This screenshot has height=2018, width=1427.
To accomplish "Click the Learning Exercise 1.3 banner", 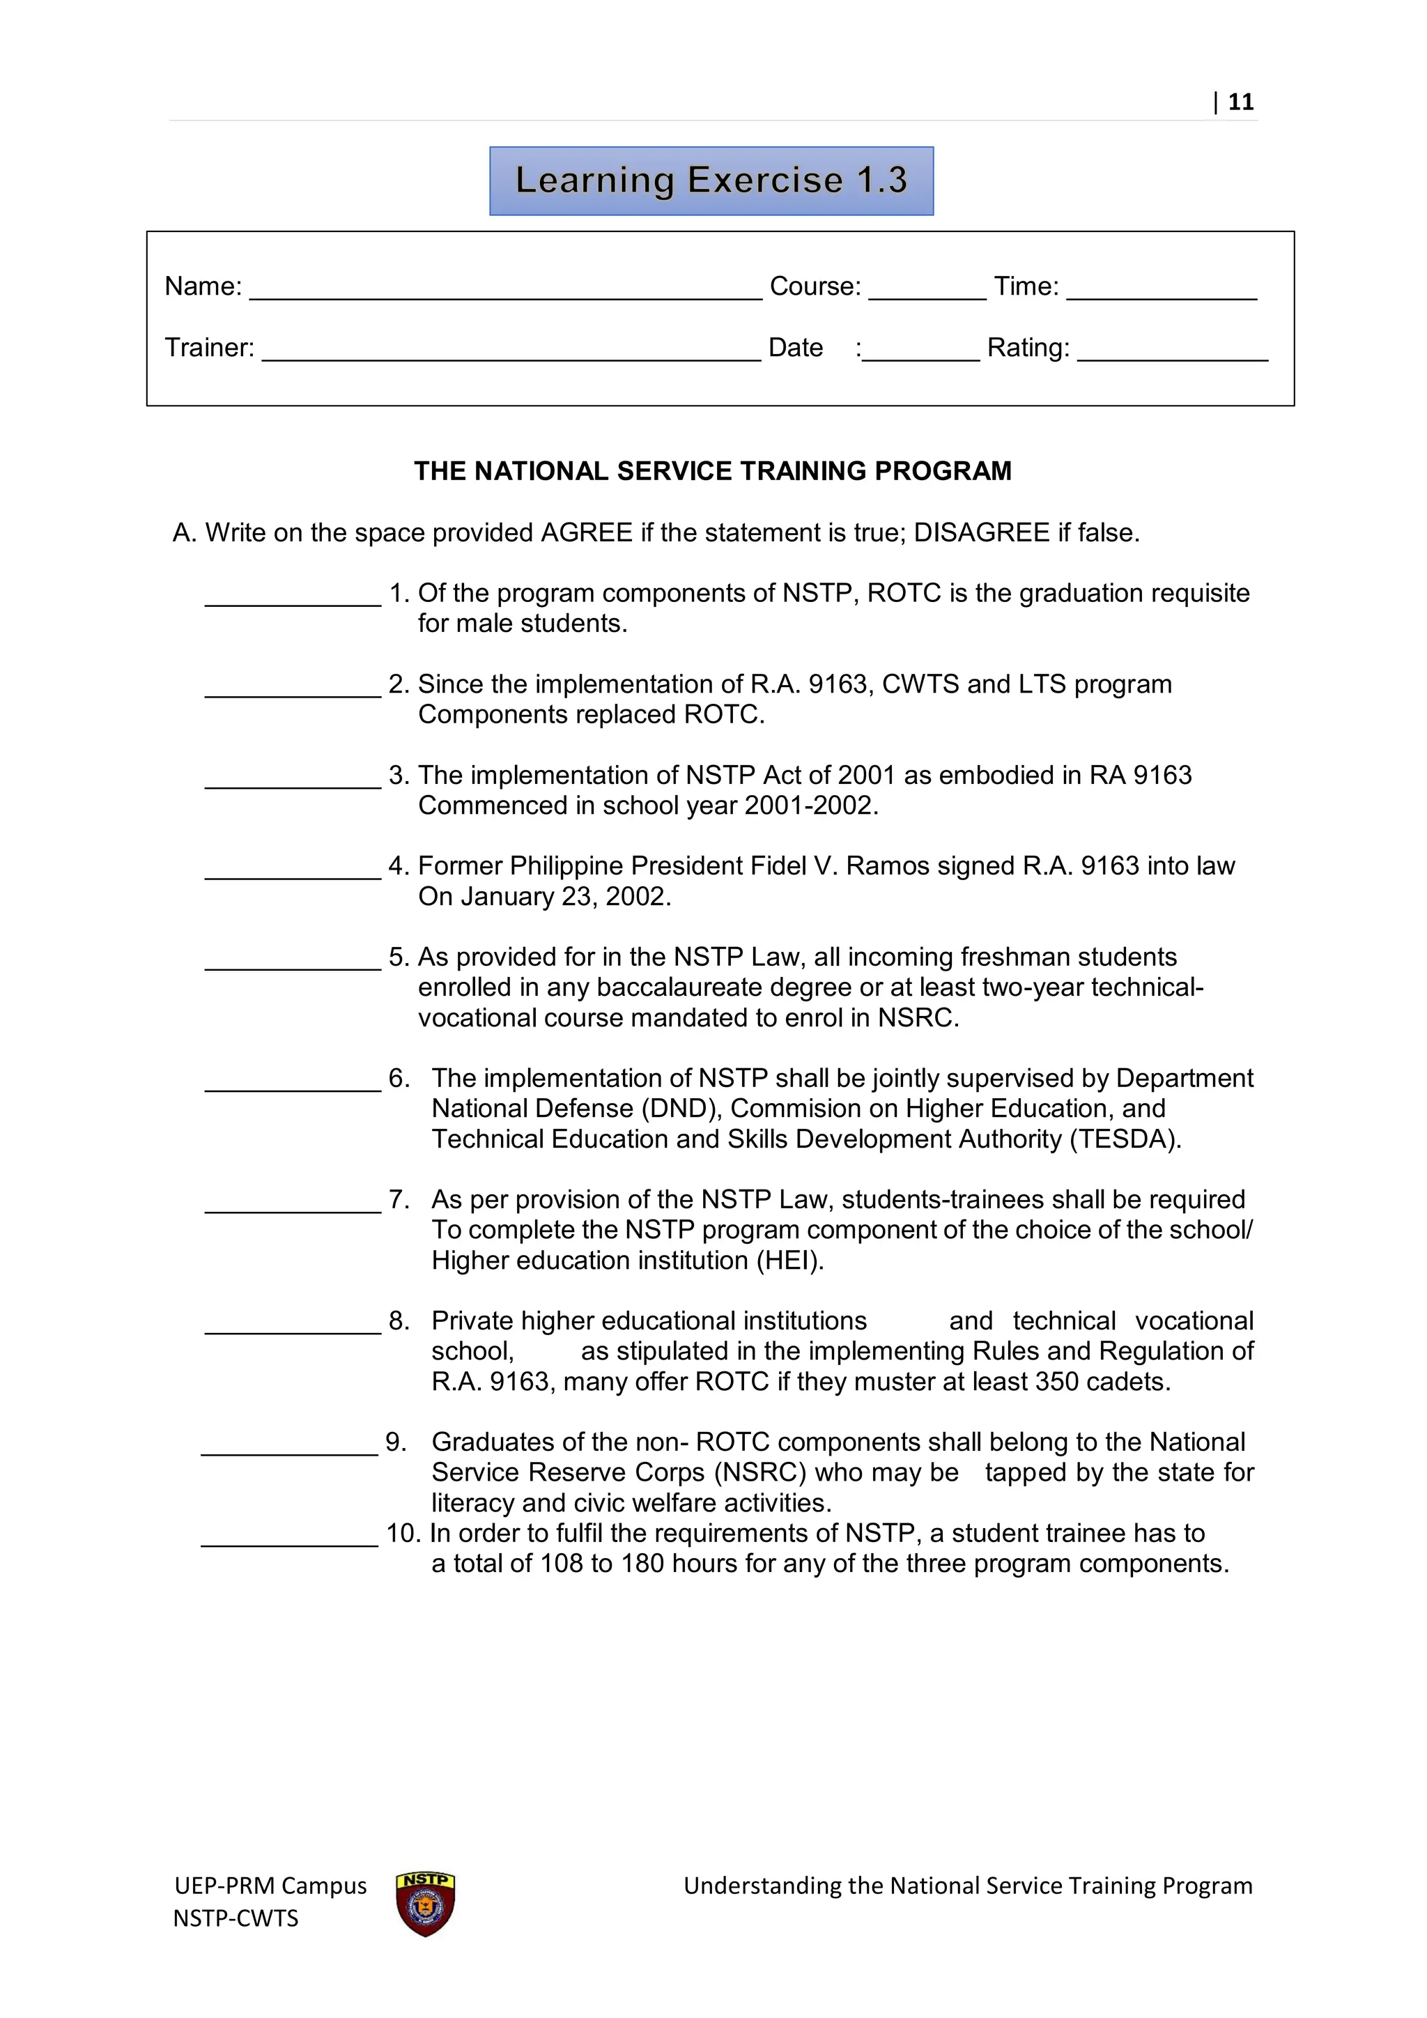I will pyautogui.click(x=711, y=180).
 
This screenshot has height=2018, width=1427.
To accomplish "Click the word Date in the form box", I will pyautogui.click(x=795, y=348).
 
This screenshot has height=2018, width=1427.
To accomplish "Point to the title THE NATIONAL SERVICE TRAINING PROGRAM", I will pyautogui.click(x=713, y=471).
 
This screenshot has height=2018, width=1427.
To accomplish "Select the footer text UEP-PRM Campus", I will pyautogui.click(x=270, y=1886).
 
